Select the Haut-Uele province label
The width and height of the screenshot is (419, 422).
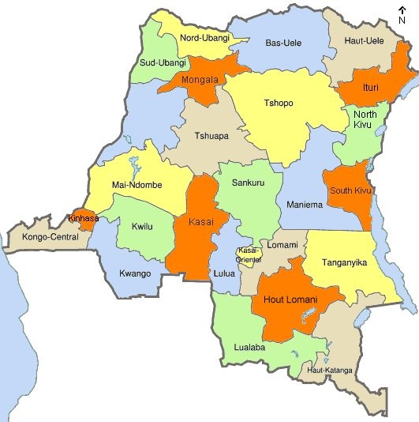pos(366,40)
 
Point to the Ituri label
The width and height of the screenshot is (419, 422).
pos(370,87)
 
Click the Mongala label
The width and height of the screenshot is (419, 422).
pos(200,80)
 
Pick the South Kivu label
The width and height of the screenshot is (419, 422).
pos(351,190)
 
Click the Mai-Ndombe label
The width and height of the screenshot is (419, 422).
pos(137,185)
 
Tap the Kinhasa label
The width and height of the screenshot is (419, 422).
pos(84,217)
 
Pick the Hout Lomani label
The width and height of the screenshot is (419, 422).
pos(290,300)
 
